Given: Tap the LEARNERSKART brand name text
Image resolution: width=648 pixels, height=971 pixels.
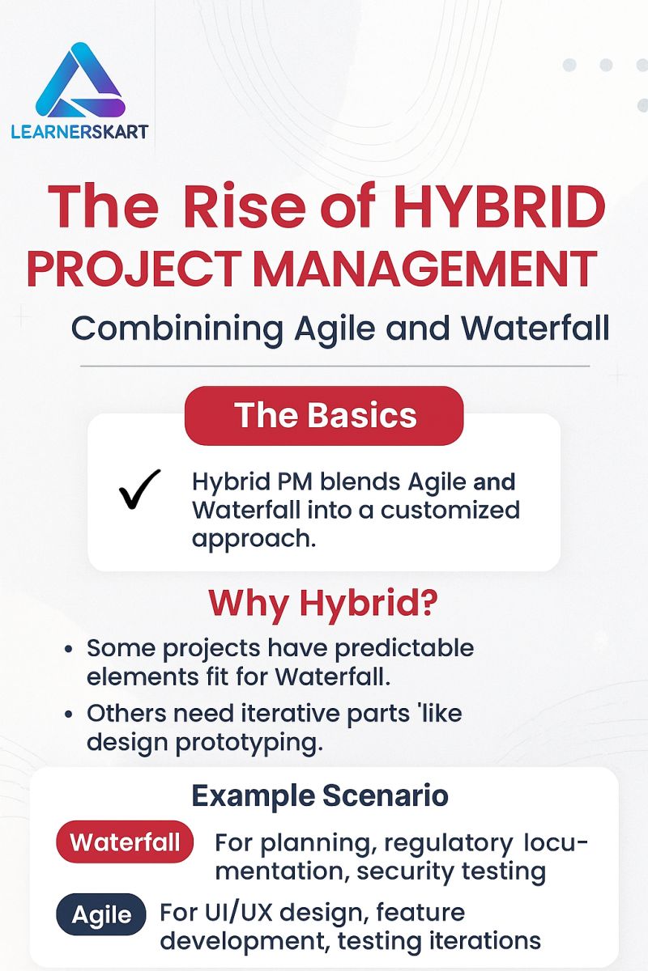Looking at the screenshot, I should point(79,131).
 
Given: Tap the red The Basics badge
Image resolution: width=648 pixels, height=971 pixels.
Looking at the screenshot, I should point(324,415).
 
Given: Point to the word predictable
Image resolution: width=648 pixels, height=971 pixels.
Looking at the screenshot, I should point(402,648).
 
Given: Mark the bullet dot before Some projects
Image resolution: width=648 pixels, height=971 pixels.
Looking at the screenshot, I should point(70,650).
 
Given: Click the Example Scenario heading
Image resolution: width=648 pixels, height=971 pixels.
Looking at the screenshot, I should point(320,795).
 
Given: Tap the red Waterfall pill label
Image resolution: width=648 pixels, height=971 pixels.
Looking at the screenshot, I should point(125,842).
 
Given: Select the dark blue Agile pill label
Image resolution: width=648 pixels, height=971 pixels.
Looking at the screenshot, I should point(101,915).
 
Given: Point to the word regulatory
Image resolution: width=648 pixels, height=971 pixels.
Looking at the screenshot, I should point(448,842).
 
